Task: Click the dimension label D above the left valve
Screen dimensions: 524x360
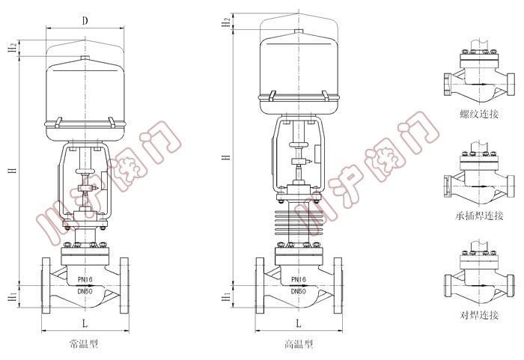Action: pos(85,21)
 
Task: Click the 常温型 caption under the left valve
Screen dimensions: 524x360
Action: pos(84,344)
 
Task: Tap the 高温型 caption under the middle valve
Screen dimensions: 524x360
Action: pos(299,344)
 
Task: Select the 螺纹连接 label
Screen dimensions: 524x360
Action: pos(479,114)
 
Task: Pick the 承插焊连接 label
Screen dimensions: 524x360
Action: pos(479,216)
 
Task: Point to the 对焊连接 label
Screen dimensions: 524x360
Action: pos(479,315)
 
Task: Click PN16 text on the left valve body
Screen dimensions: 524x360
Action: pos(85,279)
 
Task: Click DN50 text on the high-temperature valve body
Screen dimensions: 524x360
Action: pos(299,291)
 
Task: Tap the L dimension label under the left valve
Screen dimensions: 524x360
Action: pos(85,323)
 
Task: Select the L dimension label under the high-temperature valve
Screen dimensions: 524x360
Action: pos(299,323)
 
